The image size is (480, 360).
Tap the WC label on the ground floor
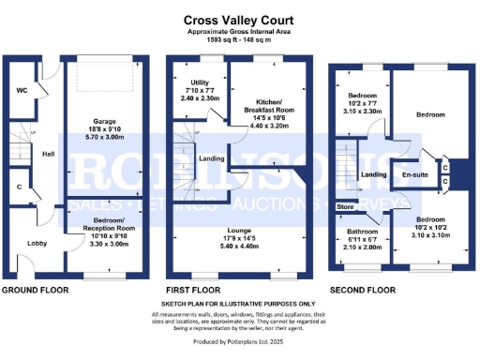21,91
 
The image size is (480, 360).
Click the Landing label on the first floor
211,158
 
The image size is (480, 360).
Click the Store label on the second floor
345,205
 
